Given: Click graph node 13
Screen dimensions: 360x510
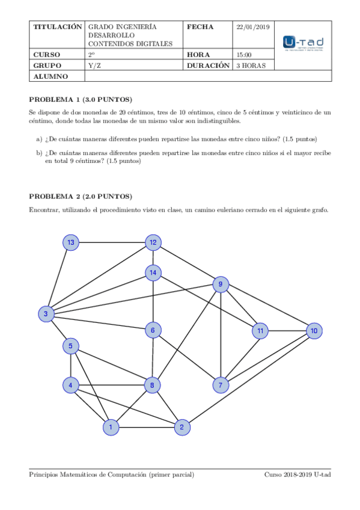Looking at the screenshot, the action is [x=72, y=242].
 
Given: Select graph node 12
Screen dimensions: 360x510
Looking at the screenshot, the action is [x=153, y=242].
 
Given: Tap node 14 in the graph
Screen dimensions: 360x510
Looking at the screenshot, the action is [x=153, y=273].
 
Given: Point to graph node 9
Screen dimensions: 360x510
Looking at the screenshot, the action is [x=221, y=284].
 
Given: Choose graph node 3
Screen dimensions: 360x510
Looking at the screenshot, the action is [x=46, y=314].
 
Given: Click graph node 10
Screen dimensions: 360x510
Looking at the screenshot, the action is [x=313, y=331].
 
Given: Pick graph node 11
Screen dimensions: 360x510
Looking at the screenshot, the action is [x=260, y=331].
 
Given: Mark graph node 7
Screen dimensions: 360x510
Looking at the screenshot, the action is [x=221, y=385].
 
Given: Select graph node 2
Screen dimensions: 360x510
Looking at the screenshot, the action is [x=182, y=428].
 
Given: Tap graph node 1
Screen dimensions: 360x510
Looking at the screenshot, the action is [x=111, y=428].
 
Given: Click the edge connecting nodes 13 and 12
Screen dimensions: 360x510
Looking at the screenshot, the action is [x=112, y=242].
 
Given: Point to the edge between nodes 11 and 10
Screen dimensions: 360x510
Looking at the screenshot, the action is [x=287, y=331].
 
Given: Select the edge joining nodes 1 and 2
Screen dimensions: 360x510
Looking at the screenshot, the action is [x=146, y=428].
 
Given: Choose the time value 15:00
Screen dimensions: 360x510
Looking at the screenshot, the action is [x=244, y=55].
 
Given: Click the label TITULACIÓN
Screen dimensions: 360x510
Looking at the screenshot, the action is [x=57, y=27].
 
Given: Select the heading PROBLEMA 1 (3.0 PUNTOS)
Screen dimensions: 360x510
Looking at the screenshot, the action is [x=81, y=99].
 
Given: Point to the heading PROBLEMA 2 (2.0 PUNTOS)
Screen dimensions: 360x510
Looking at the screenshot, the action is [x=81, y=197].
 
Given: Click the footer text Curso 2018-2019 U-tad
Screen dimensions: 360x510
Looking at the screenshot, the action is [x=297, y=475].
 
